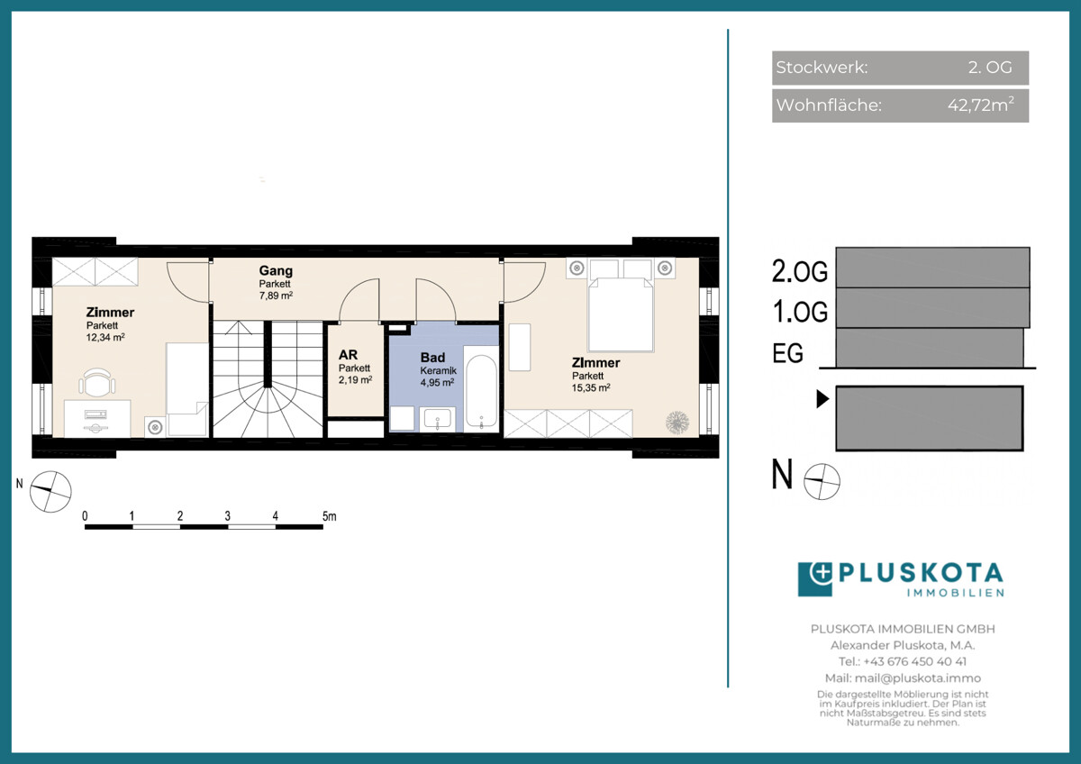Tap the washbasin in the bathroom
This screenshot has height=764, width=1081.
[x=437, y=419]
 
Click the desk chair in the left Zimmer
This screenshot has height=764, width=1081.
[x=97, y=382]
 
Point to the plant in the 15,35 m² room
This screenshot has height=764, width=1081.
[x=677, y=422]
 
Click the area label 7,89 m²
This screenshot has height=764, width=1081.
[x=276, y=296]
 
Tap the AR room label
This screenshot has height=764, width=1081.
[x=348, y=355]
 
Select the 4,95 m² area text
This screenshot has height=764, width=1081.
[x=437, y=383]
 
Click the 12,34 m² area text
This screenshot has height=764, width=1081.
[x=105, y=337]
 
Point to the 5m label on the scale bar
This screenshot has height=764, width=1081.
[x=329, y=516]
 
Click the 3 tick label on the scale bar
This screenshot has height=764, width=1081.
[x=227, y=516]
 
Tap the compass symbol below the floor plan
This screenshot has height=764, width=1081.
[x=50, y=491]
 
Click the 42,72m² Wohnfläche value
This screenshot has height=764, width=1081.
[x=981, y=105]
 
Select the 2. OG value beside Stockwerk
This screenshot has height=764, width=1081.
[x=990, y=67]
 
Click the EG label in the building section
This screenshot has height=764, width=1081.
[x=787, y=353]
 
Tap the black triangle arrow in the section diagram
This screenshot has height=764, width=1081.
[x=822, y=399]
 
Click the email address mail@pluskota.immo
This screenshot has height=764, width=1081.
[x=917, y=678]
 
